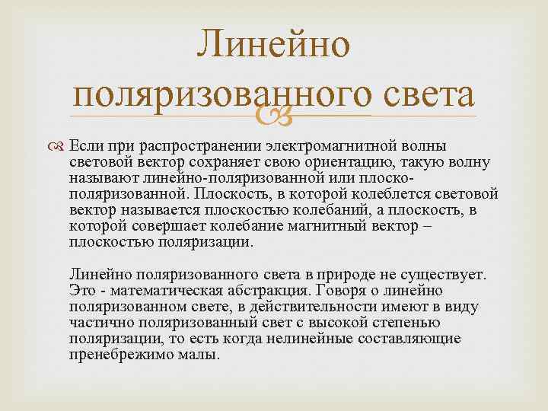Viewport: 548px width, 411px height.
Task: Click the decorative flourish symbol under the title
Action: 275,116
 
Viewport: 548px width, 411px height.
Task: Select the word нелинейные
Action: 293,339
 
